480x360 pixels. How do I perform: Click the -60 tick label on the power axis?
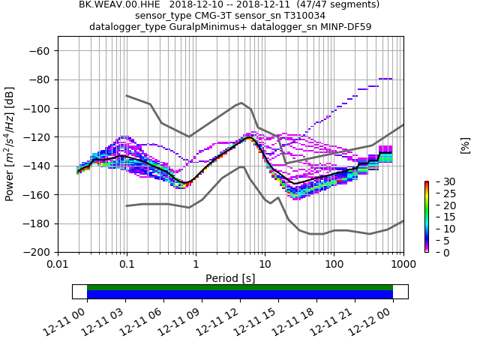[x=39, y=51]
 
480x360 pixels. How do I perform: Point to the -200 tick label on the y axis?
[x=36, y=253]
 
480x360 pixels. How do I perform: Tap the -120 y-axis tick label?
[x=36, y=137]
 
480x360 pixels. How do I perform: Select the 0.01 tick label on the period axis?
[x=58, y=265]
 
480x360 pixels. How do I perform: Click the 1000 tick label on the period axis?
[x=403, y=265]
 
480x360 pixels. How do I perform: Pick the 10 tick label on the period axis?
[x=265, y=265]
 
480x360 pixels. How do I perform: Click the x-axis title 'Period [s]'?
[x=230, y=278]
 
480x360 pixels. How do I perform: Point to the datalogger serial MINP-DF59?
[x=346, y=27]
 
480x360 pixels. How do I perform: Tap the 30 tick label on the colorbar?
[x=439, y=181]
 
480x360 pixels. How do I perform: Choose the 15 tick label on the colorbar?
[x=439, y=217]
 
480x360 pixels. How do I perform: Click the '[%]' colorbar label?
[x=465, y=145]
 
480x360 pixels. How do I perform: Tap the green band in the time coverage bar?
[x=240, y=287]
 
